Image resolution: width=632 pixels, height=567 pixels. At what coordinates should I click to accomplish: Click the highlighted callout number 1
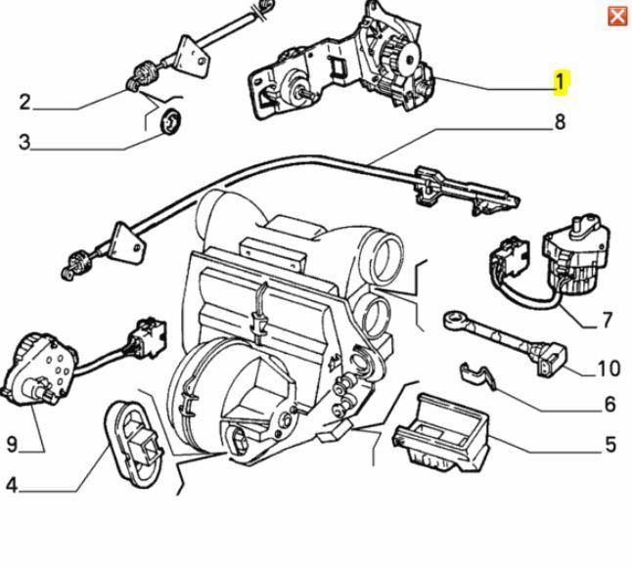[561, 82]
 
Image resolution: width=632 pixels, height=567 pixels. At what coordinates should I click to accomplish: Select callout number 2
[24, 102]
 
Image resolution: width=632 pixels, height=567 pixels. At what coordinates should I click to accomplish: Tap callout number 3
[24, 142]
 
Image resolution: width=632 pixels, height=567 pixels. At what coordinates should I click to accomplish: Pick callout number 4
[11, 484]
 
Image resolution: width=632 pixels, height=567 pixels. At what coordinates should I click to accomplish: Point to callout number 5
[609, 445]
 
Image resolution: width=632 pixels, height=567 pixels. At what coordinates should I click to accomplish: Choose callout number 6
[609, 404]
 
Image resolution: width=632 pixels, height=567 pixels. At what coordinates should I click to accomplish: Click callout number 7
[607, 319]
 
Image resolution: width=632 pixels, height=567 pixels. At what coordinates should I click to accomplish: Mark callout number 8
[560, 122]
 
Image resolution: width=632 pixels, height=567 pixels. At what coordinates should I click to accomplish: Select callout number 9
[12, 444]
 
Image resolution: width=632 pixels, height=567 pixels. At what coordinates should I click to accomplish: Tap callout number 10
[608, 369]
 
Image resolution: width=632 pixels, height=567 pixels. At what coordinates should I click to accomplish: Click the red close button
[617, 16]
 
